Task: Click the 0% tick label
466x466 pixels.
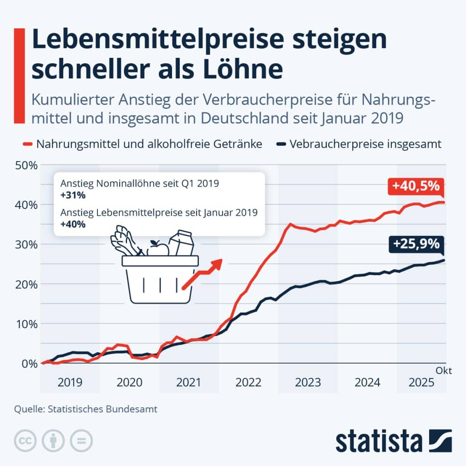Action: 28,364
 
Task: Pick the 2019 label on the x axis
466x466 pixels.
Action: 70,382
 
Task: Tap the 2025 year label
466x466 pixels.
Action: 421,382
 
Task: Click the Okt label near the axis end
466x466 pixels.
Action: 444,371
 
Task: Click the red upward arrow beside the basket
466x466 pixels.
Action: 203,273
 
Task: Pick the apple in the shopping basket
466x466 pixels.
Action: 157,248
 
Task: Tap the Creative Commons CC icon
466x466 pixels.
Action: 25,441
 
